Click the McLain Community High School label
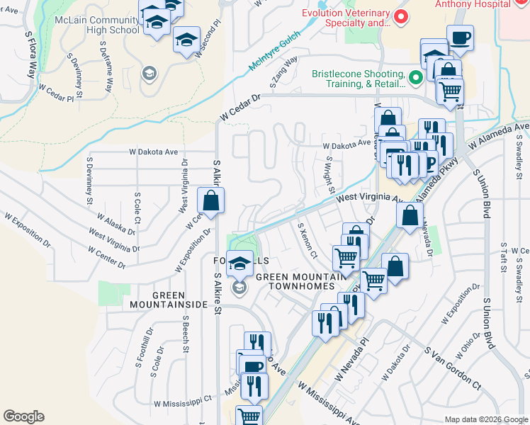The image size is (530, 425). pos(97,25)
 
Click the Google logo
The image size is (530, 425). pos(23,416)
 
